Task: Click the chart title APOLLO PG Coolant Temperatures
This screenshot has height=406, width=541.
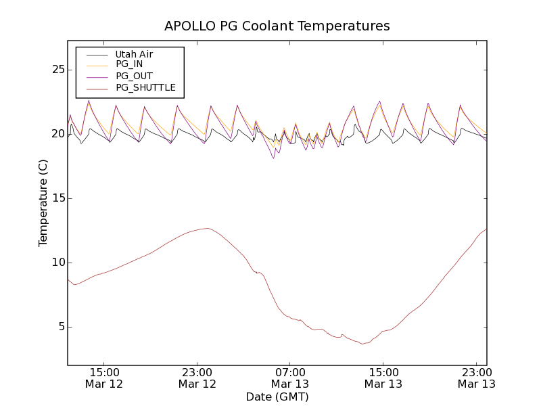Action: [277, 26]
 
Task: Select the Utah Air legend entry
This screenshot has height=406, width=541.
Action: [134, 54]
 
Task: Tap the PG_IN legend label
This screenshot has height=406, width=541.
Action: [129, 64]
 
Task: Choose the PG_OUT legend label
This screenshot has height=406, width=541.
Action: [134, 76]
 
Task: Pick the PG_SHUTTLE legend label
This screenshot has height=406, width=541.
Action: [145, 87]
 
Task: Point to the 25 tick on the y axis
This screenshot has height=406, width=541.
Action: [58, 70]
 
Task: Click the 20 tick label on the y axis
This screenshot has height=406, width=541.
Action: [58, 134]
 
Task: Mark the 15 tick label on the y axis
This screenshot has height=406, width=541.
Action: [58, 198]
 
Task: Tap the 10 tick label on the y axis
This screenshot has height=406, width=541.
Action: [58, 263]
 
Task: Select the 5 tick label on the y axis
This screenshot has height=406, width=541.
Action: [61, 327]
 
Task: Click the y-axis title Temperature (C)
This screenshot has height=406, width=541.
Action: [43, 203]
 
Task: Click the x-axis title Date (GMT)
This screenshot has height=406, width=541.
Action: [277, 397]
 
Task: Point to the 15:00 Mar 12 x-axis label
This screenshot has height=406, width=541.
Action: [105, 378]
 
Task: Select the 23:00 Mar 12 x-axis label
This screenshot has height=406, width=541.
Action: [197, 378]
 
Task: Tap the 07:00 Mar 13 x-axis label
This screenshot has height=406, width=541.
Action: [290, 378]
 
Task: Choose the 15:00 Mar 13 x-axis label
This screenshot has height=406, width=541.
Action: [383, 378]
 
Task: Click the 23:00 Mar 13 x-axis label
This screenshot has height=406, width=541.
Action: [476, 378]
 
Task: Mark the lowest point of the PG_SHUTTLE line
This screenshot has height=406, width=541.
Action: [363, 344]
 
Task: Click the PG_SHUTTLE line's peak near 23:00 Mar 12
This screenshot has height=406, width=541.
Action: [207, 229]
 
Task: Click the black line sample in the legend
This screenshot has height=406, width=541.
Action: [97, 54]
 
